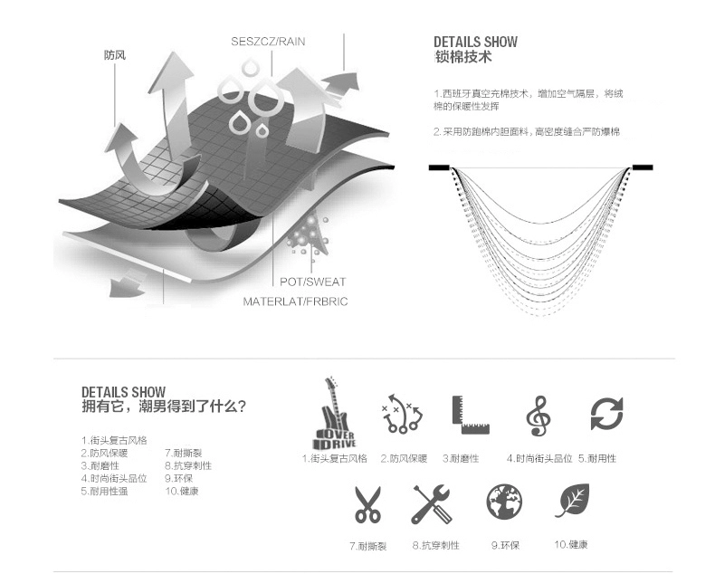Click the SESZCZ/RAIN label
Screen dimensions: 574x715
(x=268, y=42)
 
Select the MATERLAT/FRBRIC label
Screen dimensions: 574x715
(x=295, y=301)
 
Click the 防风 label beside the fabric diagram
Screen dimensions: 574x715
(x=114, y=55)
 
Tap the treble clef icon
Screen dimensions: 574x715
(x=538, y=416)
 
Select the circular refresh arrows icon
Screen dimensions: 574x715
(x=605, y=414)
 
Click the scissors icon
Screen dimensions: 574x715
(x=367, y=504)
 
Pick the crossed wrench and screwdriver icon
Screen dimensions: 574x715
(x=432, y=504)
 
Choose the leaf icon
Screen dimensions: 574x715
(x=571, y=501)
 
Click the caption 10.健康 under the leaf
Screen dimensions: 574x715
(x=571, y=544)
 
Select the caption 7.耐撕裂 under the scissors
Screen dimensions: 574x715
(x=367, y=546)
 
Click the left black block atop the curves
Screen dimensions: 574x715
(x=439, y=167)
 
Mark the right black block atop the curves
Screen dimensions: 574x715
(x=642, y=167)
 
